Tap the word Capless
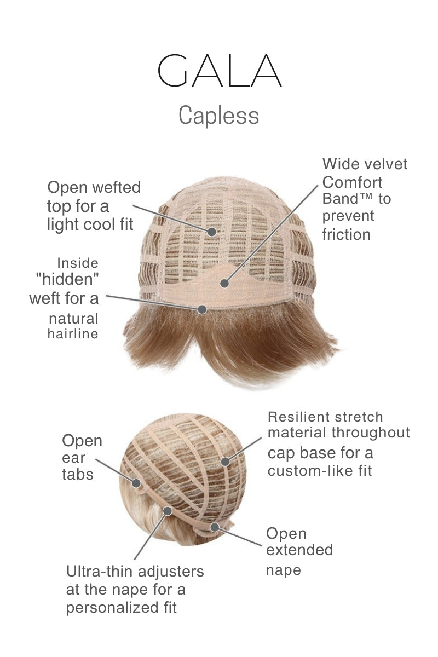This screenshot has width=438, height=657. tap(218, 116)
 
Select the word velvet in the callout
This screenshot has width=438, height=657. tap(385, 164)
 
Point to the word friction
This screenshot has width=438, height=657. tap(347, 235)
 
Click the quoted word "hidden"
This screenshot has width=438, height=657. tap(67, 280)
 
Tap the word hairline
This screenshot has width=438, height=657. tap(73, 334)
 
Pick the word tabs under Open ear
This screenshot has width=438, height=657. tap(77, 474)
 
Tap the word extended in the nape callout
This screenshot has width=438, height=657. tap(299, 550)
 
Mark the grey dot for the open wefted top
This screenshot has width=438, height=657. tap(212, 231)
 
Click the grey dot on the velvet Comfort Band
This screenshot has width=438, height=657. tap(223, 283)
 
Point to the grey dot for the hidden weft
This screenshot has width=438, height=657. tap(202, 309)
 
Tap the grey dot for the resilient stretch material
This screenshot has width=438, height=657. tap(225, 462)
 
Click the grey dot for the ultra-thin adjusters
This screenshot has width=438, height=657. tap(168, 511)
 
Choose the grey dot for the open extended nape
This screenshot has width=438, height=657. tap(215, 527)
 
